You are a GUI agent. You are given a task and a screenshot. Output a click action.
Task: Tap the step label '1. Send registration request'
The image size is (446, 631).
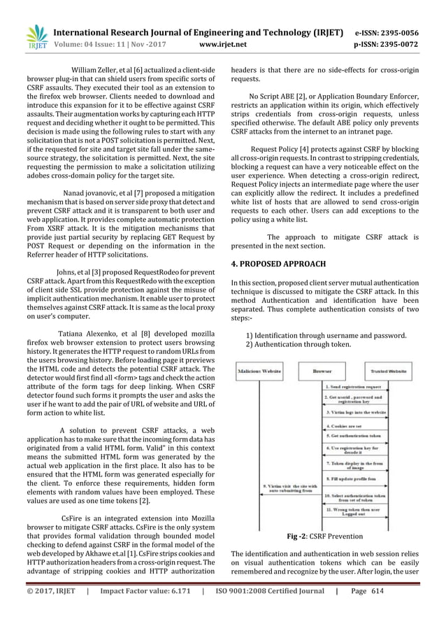357,385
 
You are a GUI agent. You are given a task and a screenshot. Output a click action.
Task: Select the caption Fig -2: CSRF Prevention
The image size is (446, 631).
324,537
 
